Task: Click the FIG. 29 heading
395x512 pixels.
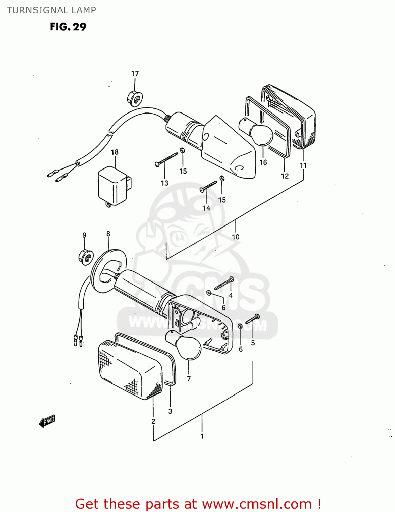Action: (68, 27)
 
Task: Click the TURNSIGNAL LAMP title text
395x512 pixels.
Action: (51, 10)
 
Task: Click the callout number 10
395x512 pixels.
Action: (236, 237)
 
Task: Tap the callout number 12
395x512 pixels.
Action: (285, 176)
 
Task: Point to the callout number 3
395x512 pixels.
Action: (170, 411)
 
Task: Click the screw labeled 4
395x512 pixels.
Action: (224, 284)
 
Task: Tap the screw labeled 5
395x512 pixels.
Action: (253, 319)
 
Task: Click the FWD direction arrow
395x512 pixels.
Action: (47, 421)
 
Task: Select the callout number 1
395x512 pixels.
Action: (202, 436)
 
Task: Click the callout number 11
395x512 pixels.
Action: (303, 166)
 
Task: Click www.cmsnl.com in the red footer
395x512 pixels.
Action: (256, 504)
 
